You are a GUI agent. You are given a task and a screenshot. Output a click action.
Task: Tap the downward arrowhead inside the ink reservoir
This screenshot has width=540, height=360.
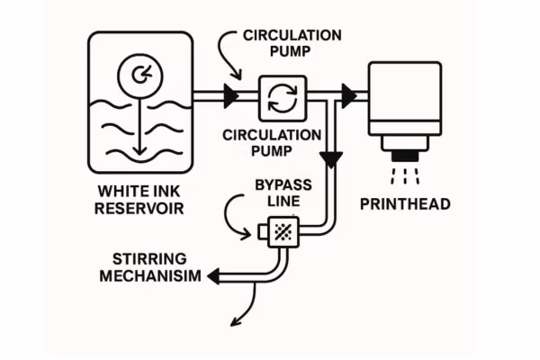point(139,151)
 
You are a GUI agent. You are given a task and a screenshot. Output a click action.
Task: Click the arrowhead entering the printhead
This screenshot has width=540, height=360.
point(348,94)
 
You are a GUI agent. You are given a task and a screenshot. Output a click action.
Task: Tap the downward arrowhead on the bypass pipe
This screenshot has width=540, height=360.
point(334,161)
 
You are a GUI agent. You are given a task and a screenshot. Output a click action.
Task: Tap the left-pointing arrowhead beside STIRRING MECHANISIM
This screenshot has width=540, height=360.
point(212,276)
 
